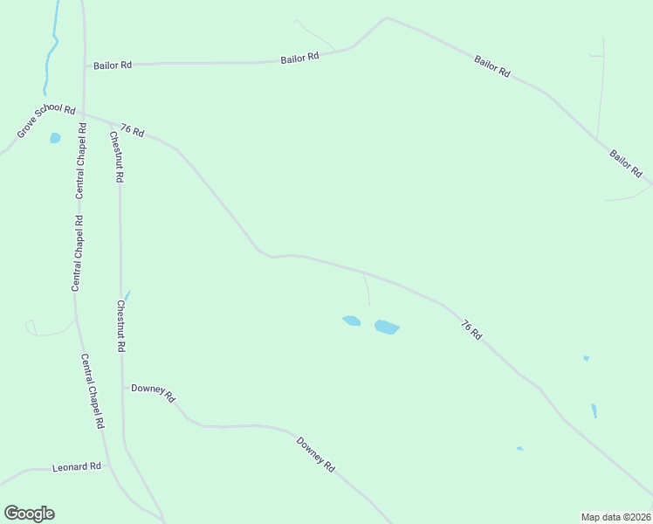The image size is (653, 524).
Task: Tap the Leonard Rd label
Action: point(77,467)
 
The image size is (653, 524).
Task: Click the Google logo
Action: point(29,514)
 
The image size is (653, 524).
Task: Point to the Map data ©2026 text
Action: point(615,516)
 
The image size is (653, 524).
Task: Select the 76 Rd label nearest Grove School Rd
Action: point(133,129)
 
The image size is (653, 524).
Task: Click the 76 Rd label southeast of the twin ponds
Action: point(471,330)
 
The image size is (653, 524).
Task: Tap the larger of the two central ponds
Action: point(387,327)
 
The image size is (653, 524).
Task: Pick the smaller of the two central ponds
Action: point(351,321)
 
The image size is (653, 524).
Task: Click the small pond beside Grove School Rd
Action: point(55,138)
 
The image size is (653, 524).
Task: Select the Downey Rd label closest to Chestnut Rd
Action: point(153,393)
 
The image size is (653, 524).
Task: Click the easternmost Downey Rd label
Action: point(316,454)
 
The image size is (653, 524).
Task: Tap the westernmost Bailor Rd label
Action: point(113,65)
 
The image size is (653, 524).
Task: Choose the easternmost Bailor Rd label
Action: point(626,163)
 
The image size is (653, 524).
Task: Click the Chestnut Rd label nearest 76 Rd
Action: point(115,156)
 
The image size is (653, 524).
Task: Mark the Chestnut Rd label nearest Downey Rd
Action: point(120,326)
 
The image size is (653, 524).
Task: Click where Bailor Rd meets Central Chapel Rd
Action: point(85,65)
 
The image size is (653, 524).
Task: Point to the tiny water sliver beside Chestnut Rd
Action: point(127,295)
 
